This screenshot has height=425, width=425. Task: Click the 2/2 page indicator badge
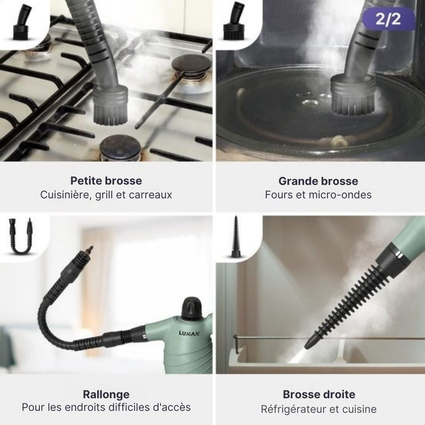(x=388, y=18)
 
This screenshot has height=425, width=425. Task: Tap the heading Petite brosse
(x=106, y=181)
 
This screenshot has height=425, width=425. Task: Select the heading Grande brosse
(x=318, y=181)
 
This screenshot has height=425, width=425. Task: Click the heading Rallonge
(x=106, y=395)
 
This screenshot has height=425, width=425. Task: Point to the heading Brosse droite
(x=319, y=394)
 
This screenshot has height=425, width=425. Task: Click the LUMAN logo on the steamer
(x=189, y=333)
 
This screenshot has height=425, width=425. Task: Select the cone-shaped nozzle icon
(x=236, y=237)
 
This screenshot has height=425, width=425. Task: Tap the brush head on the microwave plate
(x=353, y=95)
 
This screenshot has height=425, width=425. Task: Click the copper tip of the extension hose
(x=89, y=250)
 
